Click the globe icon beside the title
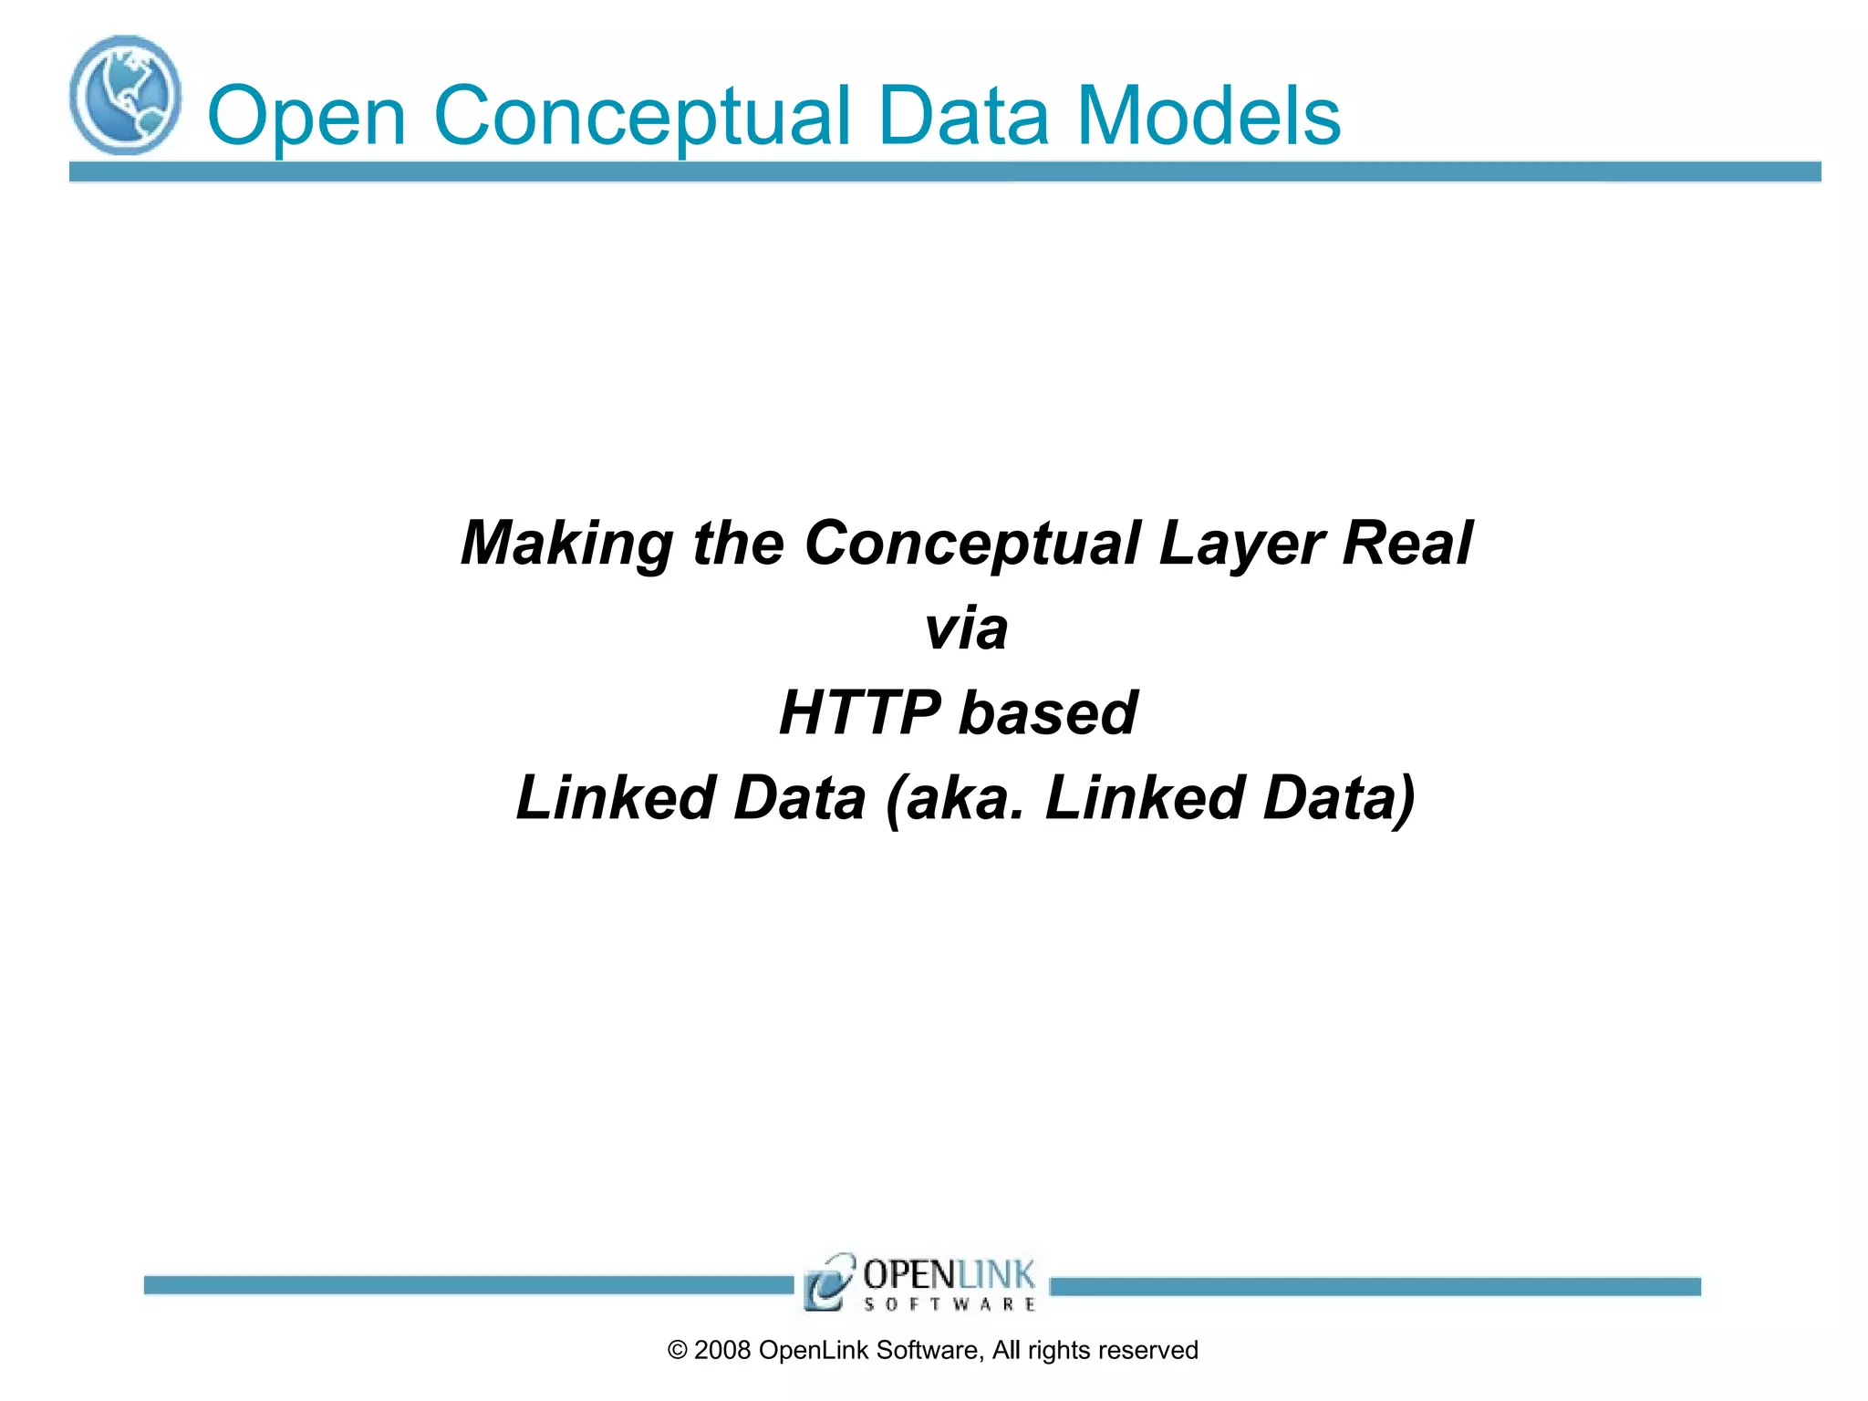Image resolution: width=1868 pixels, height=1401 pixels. (125, 95)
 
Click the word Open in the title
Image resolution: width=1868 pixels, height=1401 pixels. (306, 117)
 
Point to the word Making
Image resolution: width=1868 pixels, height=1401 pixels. (566, 545)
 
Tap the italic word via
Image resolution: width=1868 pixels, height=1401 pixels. (965, 628)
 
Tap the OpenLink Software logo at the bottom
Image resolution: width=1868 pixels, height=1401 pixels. (920, 1282)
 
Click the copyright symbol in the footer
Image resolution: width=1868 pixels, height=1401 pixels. (677, 1351)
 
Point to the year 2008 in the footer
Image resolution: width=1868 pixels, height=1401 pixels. (721, 1351)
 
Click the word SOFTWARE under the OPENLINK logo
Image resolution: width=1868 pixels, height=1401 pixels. (950, 1304)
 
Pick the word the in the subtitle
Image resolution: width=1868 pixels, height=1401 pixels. (738, 545)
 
